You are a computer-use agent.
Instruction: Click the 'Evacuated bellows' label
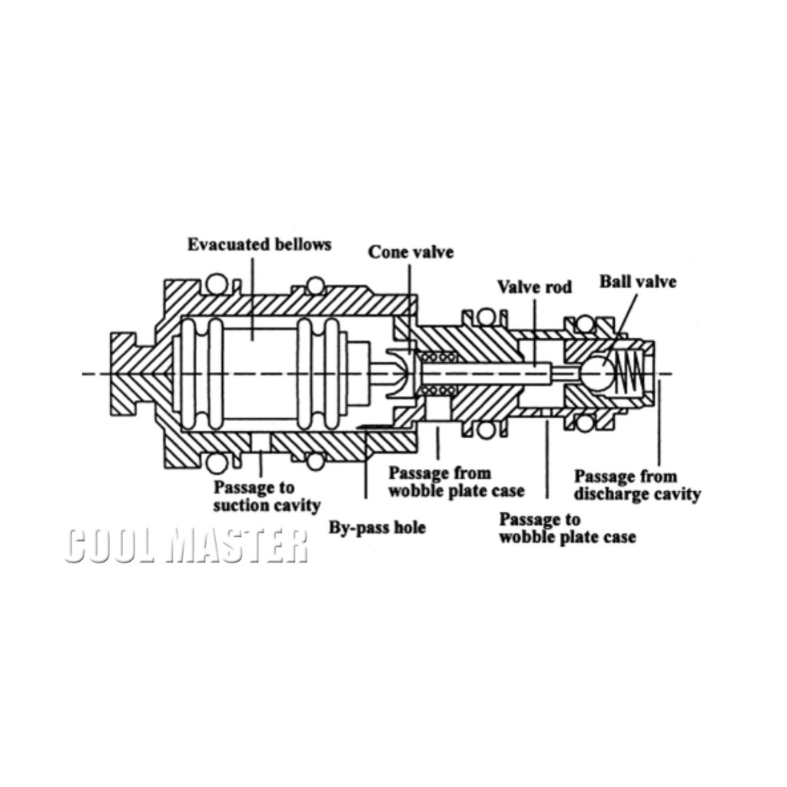[x=259, y=244]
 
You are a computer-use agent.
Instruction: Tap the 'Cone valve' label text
[x=410, y=252]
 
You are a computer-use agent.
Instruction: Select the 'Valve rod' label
[x=534, y=287]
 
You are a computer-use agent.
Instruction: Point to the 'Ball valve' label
[x=638, y=281]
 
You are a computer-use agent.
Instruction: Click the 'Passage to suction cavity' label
[x=266, y=496]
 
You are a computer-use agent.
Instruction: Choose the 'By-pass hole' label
[x=377, y=528]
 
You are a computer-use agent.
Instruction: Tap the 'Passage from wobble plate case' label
[x=456, y=482]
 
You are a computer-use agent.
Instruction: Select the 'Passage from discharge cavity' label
[x=637, y=485]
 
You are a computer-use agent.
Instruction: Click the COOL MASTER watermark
[x=186, y=546]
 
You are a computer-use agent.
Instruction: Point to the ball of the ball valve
[x=597, y=374]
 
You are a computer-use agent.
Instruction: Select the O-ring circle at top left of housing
[x=218, y=284]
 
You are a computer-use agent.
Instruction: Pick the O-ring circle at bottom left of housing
[x=218, y=463]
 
